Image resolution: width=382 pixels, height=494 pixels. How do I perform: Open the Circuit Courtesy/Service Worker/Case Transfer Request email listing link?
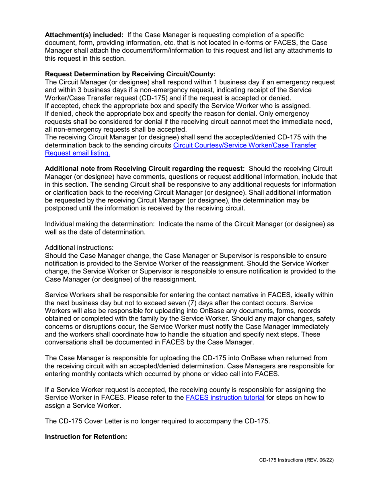point(244,145)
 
